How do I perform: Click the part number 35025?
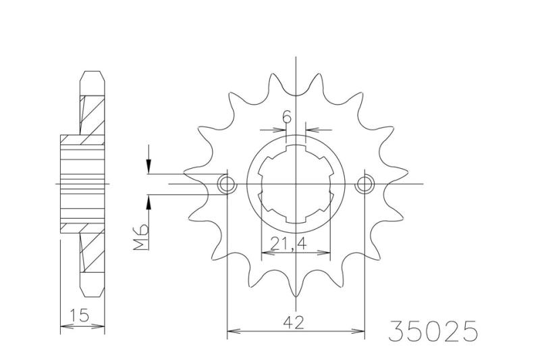(433, 331)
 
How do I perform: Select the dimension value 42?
(294, 323)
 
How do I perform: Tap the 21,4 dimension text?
(289, 244)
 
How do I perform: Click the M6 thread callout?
(141, 236)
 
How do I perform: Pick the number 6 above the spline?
(286, 118)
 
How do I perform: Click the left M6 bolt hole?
(227, 184)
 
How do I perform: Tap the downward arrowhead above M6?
(148, 166)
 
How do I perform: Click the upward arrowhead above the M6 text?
(148, 203)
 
